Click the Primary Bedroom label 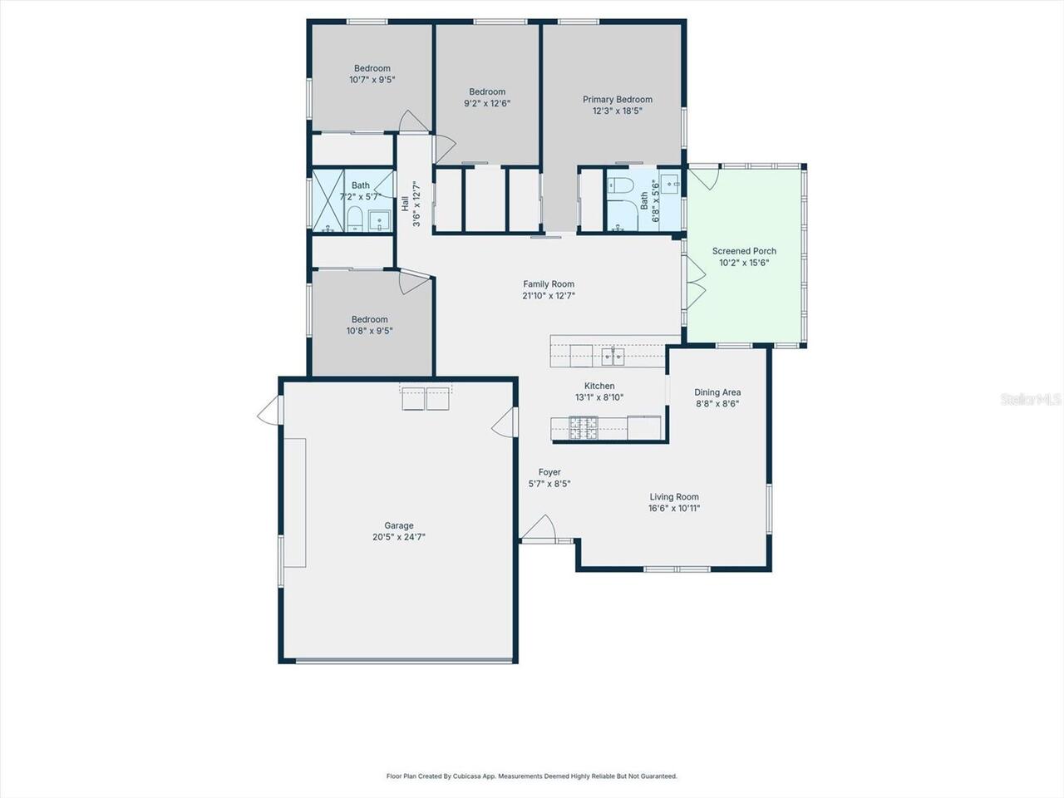(x=617, y=100)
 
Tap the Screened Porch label (x=744, y=251)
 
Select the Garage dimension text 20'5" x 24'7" (x=399, y=537)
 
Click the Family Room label (x=548, y=284)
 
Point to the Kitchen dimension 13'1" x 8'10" (x=599, y=397)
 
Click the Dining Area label (x=717, y=392)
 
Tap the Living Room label (x=674, y=497)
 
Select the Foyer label (x=549, y=472)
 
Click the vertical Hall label (x=405, y=203)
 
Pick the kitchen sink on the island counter (x=613, y=357)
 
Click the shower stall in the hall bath (x=328, y=200)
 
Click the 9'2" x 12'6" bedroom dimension (x=487, y=104)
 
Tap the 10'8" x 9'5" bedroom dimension (x=369, y=331)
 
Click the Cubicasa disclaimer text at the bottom (x=532, y=776)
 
